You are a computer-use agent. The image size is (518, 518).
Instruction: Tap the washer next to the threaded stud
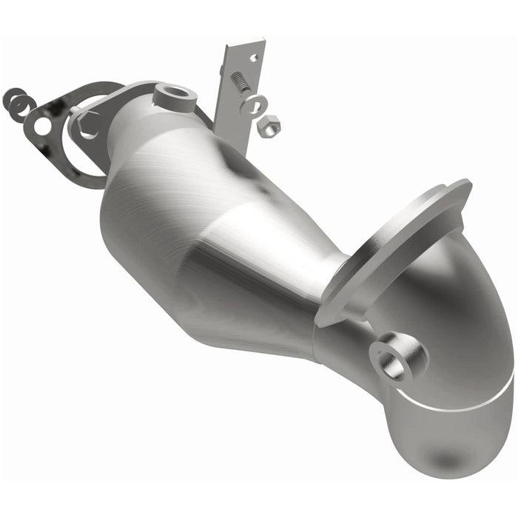coord(254,104)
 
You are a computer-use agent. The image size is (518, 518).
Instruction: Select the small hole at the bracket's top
coord(253,57)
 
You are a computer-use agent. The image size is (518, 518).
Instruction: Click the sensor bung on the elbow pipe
coord(397,357)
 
